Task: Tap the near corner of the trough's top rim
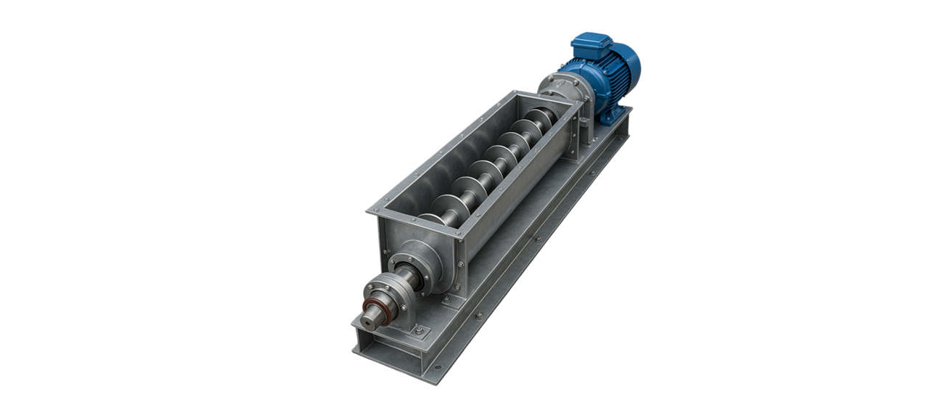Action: [371, 211]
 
